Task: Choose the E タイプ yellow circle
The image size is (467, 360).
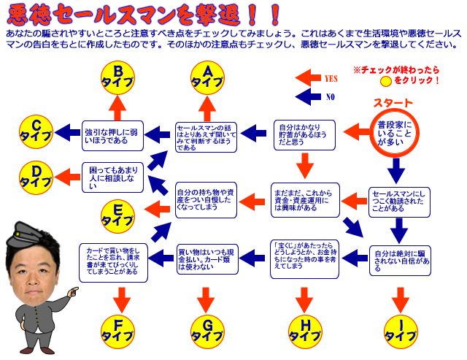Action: pyautogui.click(x=117, y=213)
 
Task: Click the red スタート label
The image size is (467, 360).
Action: pyautogui.click(x=393, y=103)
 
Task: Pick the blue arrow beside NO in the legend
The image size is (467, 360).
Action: pyautogui.click(x=311, y=96)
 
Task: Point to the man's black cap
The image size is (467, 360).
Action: pyautogui.click(x=31, y=235)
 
